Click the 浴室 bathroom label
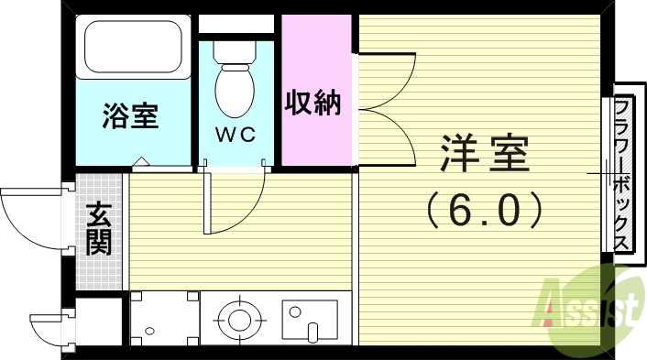point(130,116)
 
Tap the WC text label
point(236,134)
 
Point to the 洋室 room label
point(485,154)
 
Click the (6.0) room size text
point(485,212)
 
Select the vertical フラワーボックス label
point(620,173)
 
